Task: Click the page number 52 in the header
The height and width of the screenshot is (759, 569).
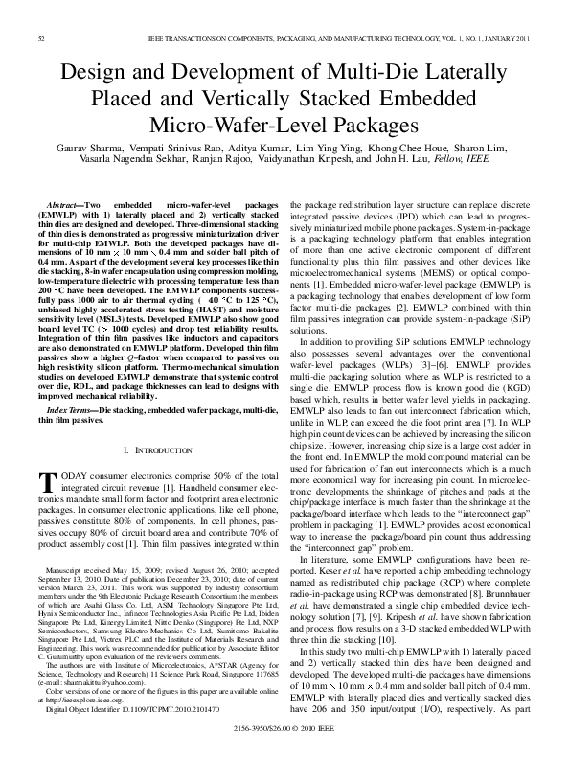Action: pos(42,37)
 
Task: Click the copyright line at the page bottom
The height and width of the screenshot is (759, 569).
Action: pos(284,729)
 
